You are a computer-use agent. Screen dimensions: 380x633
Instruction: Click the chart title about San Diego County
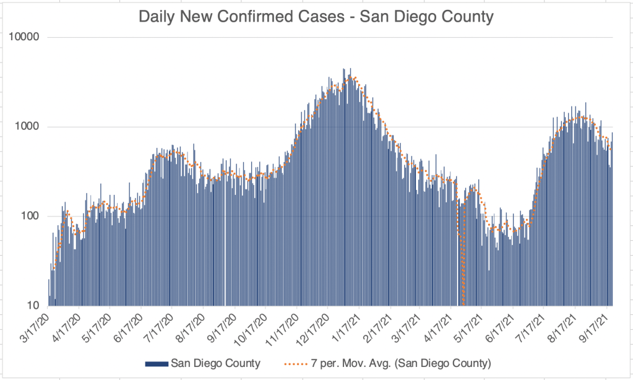tap(316, 17)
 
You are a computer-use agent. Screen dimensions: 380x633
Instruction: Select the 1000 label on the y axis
tap(28, 127)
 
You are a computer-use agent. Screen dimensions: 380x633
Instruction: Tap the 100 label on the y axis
tap(30, 217)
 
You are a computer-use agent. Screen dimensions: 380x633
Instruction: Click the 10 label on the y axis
tap(33, 306)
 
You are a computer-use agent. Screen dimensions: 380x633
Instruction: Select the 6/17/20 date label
tap(130, 326)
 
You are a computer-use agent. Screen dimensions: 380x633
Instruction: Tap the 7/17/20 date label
tap(161, 326)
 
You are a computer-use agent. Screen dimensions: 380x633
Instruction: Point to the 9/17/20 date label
tap(223, 326)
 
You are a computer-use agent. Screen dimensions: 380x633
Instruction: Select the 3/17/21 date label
tap(408, 326)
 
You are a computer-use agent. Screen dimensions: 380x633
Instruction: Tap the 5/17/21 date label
tap(470, 326)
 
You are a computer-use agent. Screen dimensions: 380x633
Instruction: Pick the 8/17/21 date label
tap(563, 326)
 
